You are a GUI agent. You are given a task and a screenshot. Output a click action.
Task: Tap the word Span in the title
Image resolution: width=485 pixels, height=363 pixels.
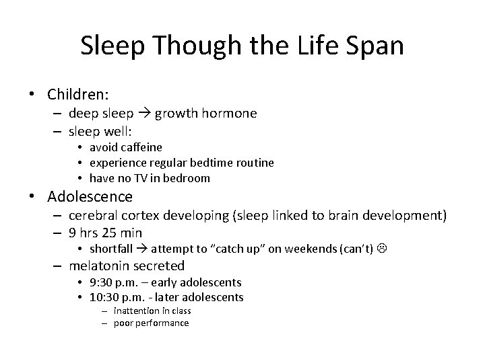point(373,46)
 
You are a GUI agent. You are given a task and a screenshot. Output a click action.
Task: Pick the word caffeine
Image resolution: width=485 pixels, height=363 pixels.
point(141,147)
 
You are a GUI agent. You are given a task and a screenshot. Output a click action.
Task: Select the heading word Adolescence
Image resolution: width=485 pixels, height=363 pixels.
point(90,197)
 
